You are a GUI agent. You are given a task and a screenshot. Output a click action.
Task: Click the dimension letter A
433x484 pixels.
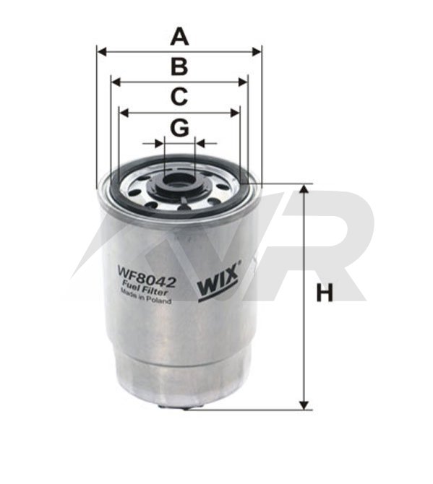pos(179,36)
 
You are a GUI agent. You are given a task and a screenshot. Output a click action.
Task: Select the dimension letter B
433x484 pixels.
pos(179,66)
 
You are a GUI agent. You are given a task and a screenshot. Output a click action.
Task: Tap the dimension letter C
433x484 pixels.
pos(179,97)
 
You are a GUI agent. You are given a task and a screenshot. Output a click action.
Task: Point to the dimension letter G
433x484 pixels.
pos(179,127)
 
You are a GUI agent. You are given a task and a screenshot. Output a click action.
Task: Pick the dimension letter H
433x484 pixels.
pos(325,293)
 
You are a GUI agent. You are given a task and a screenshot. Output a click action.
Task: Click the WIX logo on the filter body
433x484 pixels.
pos(218,282)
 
